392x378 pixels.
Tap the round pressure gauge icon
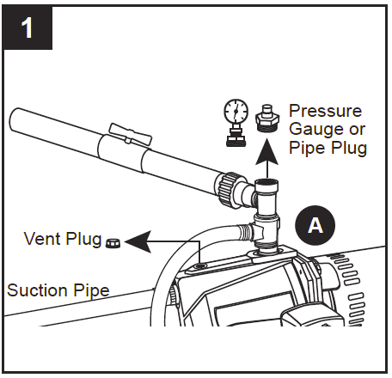coord(235,117)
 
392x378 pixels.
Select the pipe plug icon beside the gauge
coord(265,119)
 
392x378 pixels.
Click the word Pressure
coord(326,112)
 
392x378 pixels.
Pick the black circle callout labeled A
coord(315,225)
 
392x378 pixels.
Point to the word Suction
coord(35,290)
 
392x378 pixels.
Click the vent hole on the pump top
coord(200,267)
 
